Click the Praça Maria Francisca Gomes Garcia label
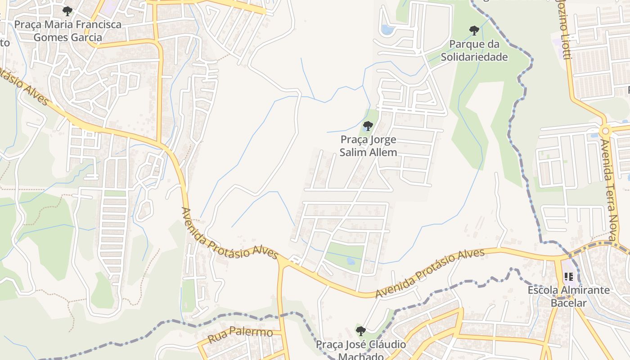tap(68, 31)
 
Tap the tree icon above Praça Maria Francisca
tap(67, 11)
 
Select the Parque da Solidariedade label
tap(474, 51)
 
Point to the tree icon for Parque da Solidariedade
tap(474, 31)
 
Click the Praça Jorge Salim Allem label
tap(368, 146)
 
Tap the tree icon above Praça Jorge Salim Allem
tap(368, 126)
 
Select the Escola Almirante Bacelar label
tap(569, 296)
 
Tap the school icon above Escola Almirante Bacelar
tap(568, 277)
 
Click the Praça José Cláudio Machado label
tap(360, 351)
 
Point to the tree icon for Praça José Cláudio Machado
tap(360, 331)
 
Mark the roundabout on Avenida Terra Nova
tap(605, 131)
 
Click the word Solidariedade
tap(474, 57)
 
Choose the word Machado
tap(360, 356)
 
